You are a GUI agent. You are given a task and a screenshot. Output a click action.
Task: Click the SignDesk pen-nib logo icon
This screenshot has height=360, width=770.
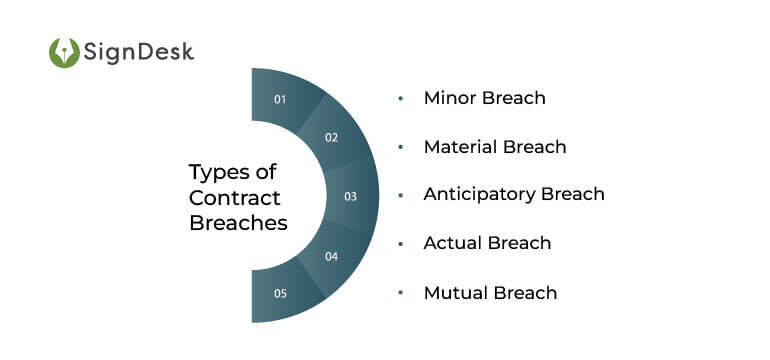(64, 52)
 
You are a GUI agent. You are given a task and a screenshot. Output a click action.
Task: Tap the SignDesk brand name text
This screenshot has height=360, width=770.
(139, 52)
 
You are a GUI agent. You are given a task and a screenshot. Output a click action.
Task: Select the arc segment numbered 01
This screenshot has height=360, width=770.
(281, 98)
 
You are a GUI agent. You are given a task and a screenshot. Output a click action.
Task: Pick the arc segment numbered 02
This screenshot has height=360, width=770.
(331, 137)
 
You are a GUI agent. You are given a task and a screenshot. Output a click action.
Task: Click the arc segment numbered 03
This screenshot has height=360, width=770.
(350, 196)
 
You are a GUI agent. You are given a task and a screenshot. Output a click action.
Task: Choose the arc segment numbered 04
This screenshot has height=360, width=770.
(331, 256)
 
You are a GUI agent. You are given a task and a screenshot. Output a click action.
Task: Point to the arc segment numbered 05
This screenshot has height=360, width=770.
(281, 294)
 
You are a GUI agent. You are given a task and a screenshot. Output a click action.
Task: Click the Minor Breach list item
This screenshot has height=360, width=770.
(484, 98)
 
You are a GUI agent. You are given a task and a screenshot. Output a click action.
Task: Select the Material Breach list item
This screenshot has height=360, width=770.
(494, 147)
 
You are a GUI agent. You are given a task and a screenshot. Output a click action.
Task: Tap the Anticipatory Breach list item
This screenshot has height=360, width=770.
(513, 194)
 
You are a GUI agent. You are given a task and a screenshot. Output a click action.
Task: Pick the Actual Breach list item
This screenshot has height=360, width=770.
(487, 243)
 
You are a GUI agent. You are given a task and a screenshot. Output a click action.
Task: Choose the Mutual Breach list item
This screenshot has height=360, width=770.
(490, 292)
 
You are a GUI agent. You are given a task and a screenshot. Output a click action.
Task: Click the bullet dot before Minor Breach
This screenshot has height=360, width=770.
(401, 98)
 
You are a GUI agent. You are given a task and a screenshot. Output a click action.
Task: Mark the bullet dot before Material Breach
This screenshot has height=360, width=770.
(401, 147)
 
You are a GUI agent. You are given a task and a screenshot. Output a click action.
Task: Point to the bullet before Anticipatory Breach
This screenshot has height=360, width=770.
(401, 194)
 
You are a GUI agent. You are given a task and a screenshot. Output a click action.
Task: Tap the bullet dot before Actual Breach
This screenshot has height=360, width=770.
(401, 243)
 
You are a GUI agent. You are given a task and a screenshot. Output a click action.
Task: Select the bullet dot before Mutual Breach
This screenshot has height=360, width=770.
(401, 292)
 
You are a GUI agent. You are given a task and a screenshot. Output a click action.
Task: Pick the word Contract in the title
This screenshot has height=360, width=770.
(235, 197)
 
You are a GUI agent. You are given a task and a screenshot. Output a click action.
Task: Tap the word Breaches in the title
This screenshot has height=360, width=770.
(238, 223)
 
